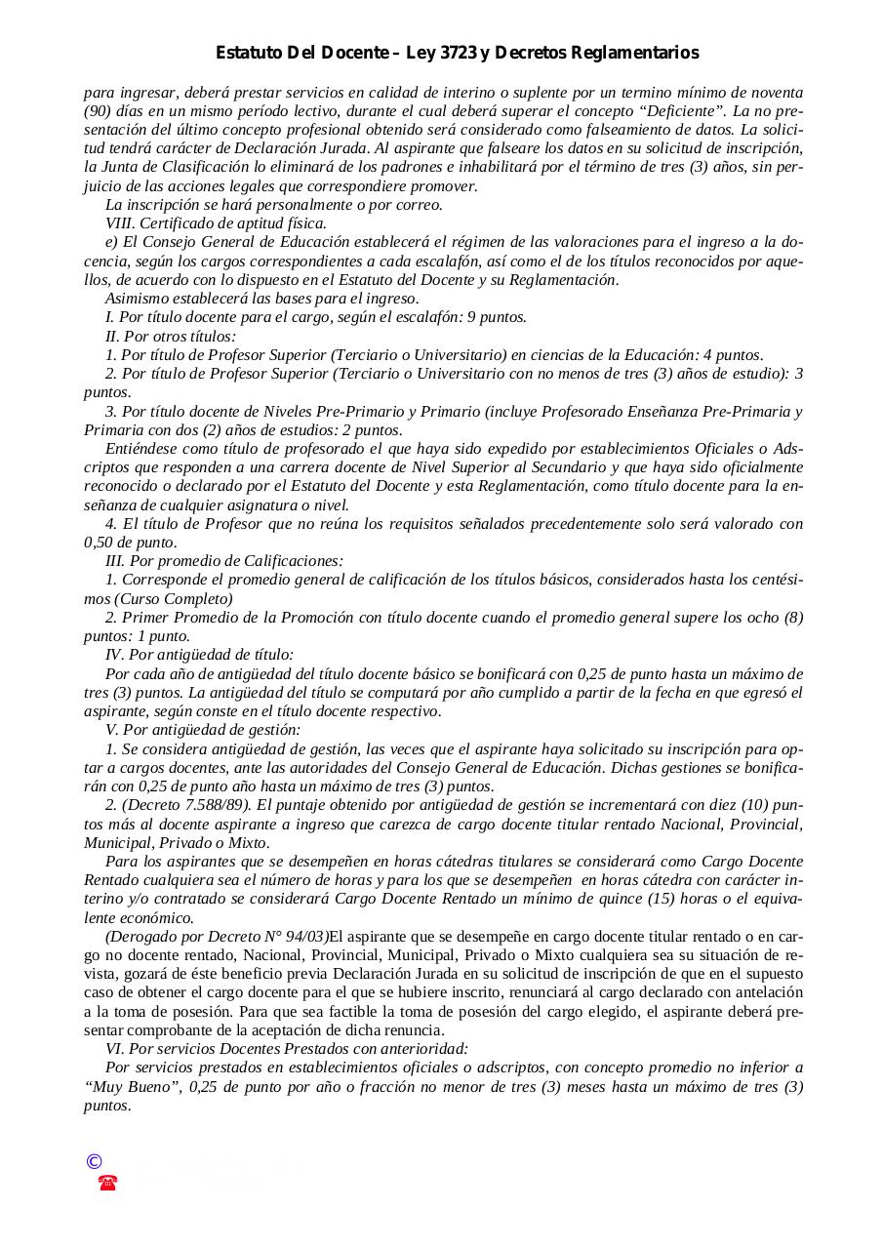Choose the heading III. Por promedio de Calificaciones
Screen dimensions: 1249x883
pyautogui.click(x=224, y=561)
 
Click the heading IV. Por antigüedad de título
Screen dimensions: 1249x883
pyautogui.click(x=199, y=655)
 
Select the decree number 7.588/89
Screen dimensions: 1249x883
pyautogui.click(x=213, y=805)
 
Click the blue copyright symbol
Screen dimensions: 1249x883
pyautogui.click(x=94, y=1161)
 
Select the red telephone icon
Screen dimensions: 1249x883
pyautogui.click(x=107, y=1183)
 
